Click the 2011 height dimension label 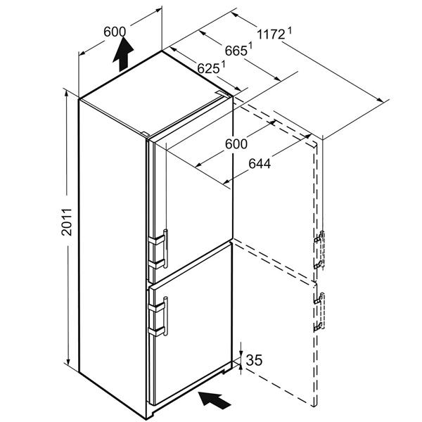tap(67, 222)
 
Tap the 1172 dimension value tap(271, 34)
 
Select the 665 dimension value tap(236, 51)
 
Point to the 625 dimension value tap(208, 68)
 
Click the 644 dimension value tap(260, 163)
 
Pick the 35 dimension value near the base tap(254, 360)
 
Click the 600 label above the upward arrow tap(115, 32)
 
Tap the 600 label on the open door tap(236, 144)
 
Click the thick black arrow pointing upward tap(124, 54)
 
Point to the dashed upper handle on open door tap(319, 250)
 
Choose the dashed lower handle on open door tap(319, 312)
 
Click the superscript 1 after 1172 tap(290, 30)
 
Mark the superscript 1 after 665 tap(250, 46)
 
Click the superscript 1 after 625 tap(223, 64)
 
